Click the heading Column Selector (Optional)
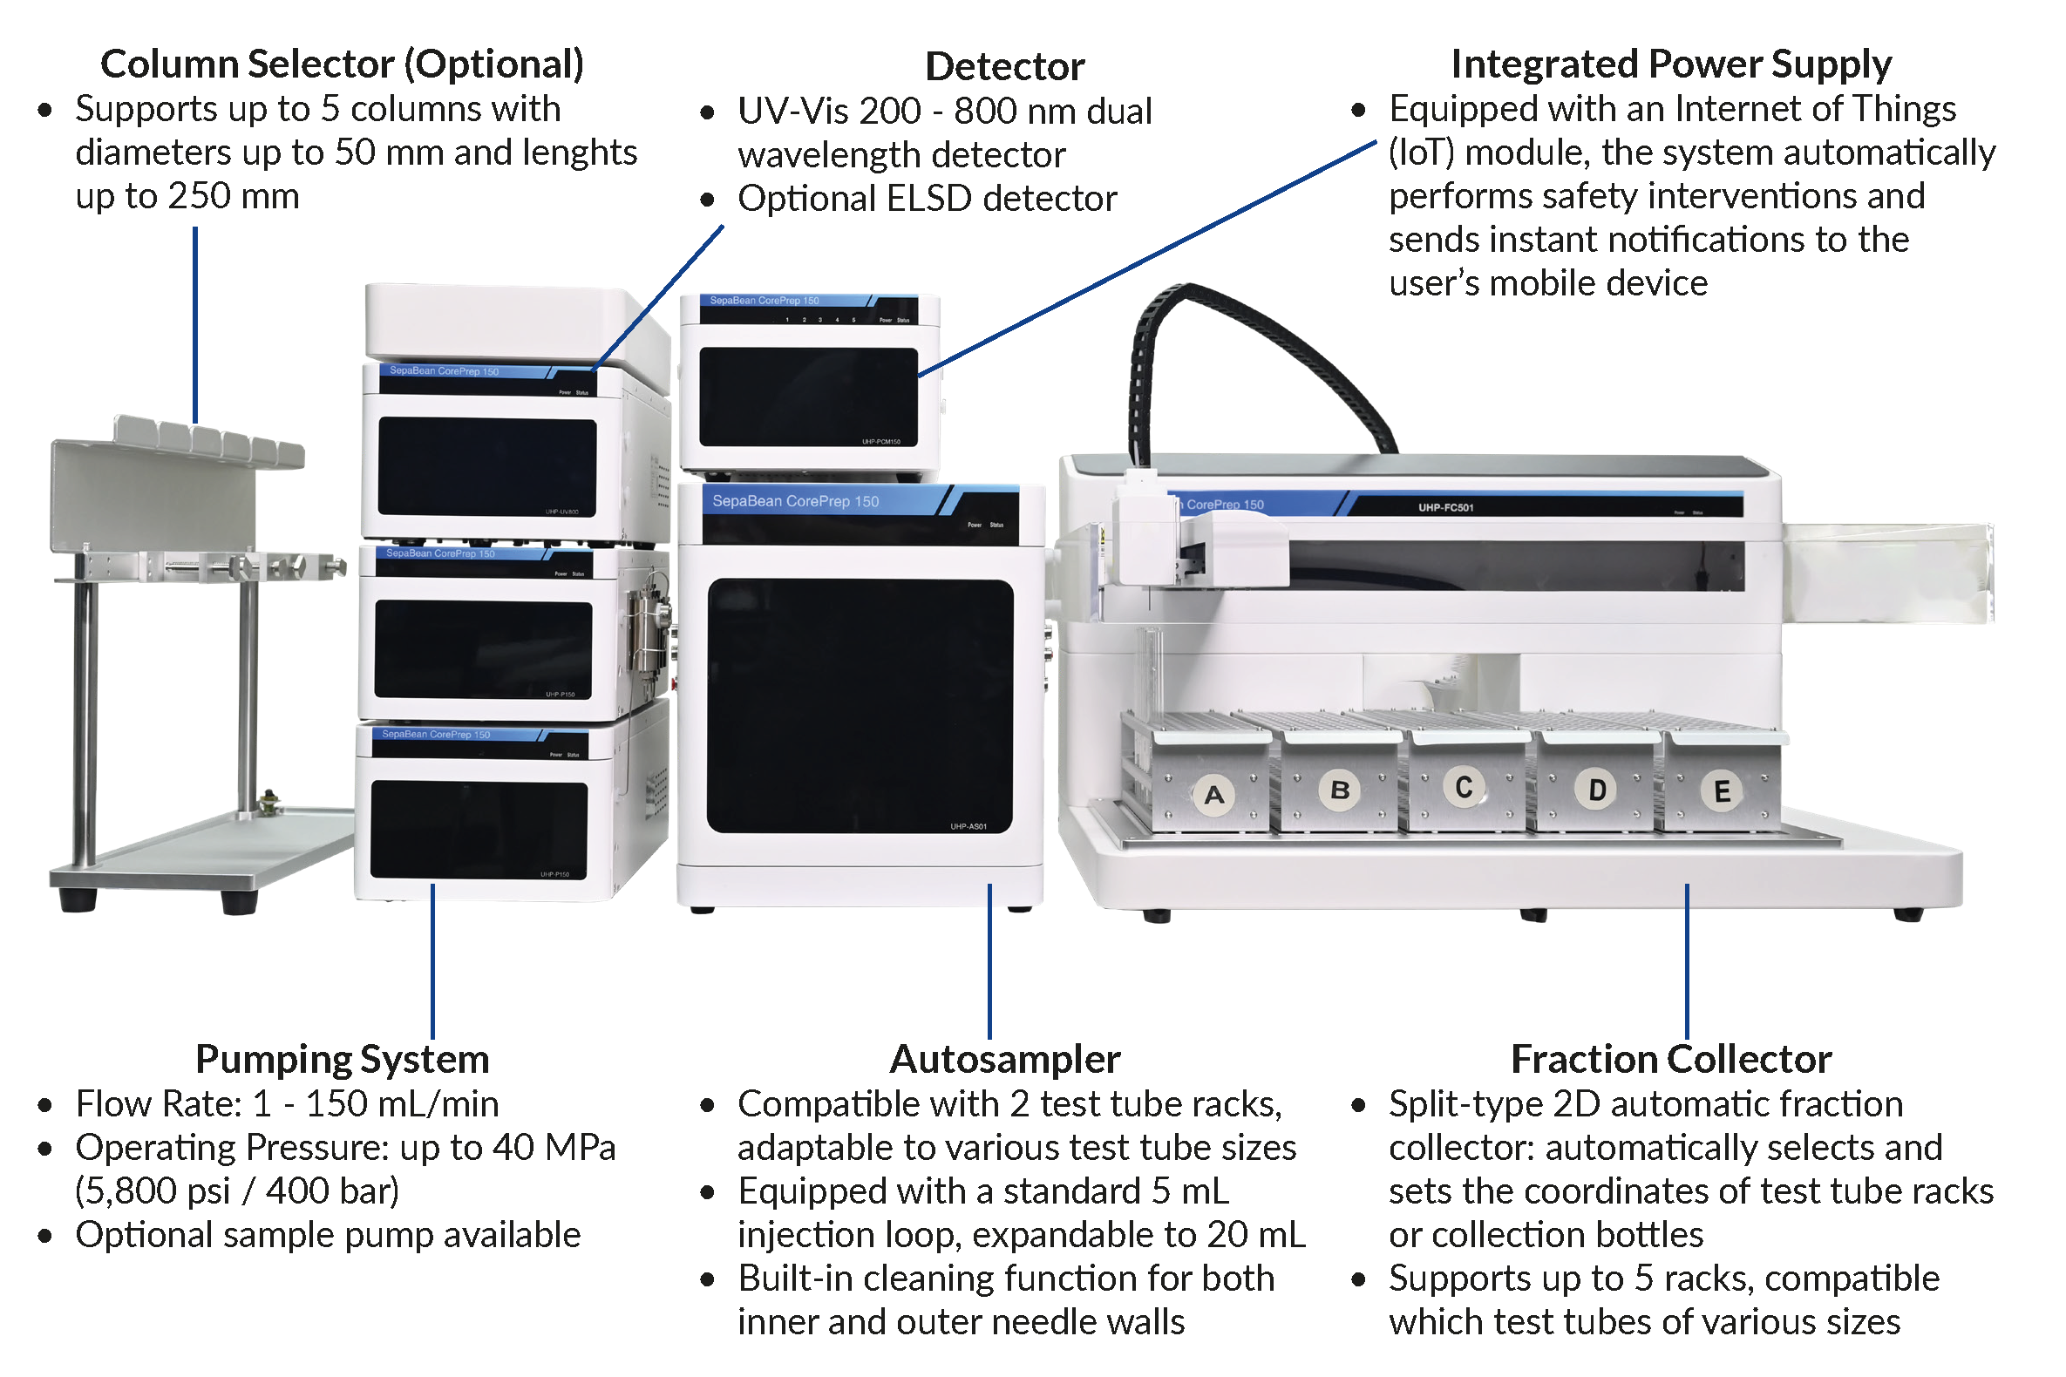342,64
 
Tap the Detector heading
1005,67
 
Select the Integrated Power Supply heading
1671,64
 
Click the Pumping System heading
342,1059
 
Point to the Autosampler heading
1005,1059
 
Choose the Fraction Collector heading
1671,1059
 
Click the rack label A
1214,796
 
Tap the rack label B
1340,790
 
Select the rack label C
1464,788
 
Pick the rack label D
1597,790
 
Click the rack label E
1722,792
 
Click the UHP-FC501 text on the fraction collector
1446,507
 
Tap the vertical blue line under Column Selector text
195,325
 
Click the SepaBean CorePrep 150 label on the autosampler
795,501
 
